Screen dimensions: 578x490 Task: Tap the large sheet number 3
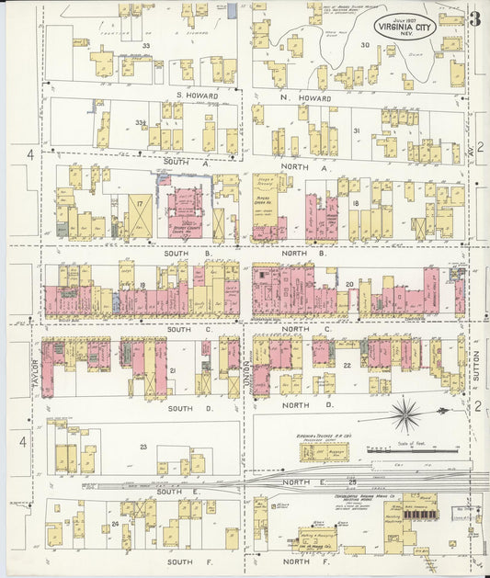(473, 18)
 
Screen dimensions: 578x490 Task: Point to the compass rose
(405, 416)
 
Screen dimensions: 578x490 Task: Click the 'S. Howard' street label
(197, 96)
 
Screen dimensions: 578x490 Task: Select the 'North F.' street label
(300, 561)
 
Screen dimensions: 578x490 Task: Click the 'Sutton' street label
(476, 365)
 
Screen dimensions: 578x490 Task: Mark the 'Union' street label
(248, 370)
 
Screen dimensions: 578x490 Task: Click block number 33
(145, 45)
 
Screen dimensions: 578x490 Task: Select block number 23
(142, 447)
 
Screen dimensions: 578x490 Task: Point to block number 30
(364, 45)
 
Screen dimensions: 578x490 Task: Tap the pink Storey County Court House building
(189, 212)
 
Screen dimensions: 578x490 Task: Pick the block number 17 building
(141, 217)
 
